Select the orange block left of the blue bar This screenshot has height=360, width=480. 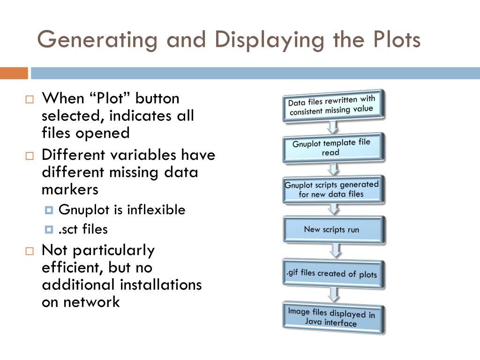pyautogui.click(x=14, y=73)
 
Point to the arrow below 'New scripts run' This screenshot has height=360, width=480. pyautogui.click(x=335, y=250)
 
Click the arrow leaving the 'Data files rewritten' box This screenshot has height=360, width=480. pyautogui.click(x=332, y=127)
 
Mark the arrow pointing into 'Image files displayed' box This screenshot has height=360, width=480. pyautogui.click(x=334, y=294)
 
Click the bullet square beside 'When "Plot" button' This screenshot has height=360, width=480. pyautogui.click(x=30, y=100)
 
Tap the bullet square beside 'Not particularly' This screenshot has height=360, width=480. pyautogui.click(x=30, y=251)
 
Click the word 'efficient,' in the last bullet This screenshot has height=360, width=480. pyautogui.click(x=73, y=268)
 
